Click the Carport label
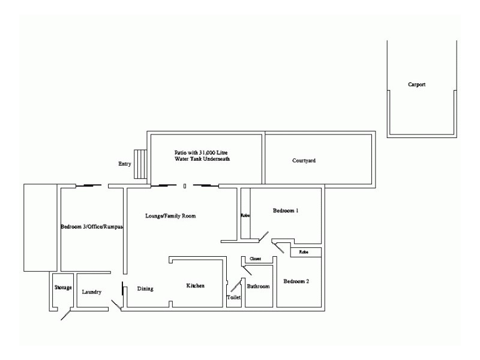tap(416, 85)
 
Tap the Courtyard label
tap(304, 161)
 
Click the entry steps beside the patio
tap(140, 164)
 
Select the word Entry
tap(125, 164)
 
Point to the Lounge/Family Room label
tap(171, 215)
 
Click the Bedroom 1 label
tap(286, 211)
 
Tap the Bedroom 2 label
tap(296, 281)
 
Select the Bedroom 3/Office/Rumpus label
tap(91, 227)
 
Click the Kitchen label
tap(196, 286)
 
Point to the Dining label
tap(145, 289)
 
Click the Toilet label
tap(233, 298)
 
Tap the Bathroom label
tap(259, 287)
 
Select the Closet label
tap(255, 259)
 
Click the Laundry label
tap(91, 292)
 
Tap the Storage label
tap(63, 287)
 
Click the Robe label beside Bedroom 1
tap(245, 215)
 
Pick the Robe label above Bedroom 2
tap(304, 253)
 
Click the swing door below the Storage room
tap(67, 314)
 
